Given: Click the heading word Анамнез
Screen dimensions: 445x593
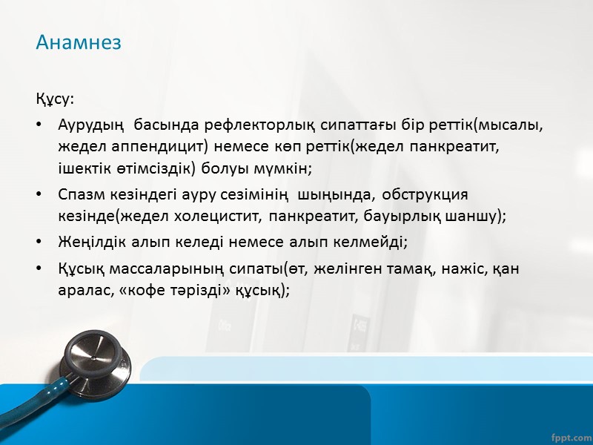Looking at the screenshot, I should [79, 42].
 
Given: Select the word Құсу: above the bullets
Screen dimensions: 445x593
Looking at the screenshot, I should [55, 99].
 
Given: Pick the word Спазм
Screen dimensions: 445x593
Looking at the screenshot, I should [79, 194].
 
